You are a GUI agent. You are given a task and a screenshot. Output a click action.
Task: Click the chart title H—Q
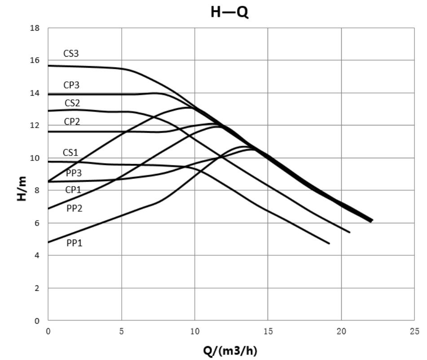[229, 12]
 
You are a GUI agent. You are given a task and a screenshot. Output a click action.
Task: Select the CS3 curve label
[71, 53]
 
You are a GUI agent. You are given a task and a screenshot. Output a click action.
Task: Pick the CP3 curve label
[71, 85]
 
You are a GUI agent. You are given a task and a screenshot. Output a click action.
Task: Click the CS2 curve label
[72, 103]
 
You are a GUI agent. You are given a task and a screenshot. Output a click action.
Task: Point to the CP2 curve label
[72, 121]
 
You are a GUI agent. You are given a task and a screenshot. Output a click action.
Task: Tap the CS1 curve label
[70, 153]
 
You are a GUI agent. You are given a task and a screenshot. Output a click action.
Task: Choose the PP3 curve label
[74, 173]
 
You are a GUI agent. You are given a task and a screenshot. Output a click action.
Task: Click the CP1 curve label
[73, 190]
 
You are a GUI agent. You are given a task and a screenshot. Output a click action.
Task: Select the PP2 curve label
[75, 208]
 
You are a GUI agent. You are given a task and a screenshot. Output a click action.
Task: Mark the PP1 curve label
[75, 243]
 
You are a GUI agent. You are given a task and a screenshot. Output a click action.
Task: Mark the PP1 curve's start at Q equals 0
[48, 243]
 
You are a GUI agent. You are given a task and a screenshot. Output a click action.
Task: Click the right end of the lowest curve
[329, 244]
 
